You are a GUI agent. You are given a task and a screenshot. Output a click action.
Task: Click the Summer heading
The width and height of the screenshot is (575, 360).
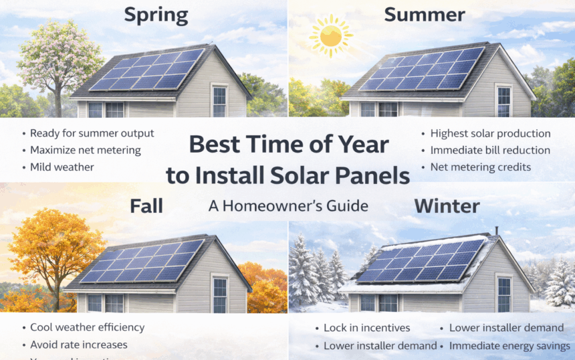(424, 15)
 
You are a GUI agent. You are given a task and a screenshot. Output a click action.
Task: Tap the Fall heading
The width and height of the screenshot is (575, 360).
(146, 205)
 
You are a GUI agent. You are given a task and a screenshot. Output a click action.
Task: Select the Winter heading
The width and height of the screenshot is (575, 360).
(447, 205)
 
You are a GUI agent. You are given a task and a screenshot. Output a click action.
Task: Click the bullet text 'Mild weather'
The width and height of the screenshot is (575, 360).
(62, 167)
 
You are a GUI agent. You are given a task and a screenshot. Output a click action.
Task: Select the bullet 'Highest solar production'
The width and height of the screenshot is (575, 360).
(490, 134)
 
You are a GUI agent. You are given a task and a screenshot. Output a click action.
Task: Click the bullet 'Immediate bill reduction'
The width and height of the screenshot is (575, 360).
(490, 150)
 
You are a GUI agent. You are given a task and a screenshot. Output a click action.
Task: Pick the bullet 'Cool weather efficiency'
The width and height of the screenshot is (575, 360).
(87, 327)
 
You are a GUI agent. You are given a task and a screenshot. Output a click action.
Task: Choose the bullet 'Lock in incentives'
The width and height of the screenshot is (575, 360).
(366, 328)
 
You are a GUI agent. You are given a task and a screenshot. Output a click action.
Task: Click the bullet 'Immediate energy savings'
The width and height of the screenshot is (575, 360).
(510, 346)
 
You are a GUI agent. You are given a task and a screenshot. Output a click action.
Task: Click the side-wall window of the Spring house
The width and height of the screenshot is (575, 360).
(219, 101)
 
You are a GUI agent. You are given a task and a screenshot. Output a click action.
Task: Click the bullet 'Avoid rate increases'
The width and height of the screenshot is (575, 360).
(79, 345)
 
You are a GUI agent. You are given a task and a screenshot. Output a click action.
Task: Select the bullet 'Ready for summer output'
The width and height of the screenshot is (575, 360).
(92, 133)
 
